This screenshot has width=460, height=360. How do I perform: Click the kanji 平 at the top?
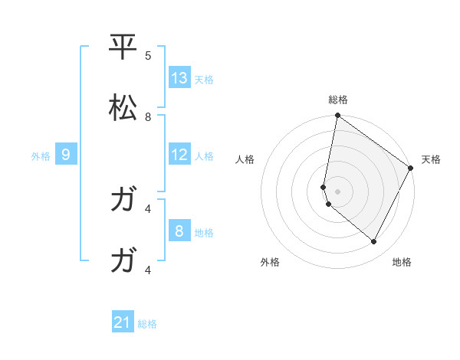click(x=123, y=47)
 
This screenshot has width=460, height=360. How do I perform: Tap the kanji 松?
click(x=123, y=108)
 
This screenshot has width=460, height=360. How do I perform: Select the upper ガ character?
click(x=123, y=201)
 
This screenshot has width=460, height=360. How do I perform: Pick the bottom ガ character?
click(x=123, y=261)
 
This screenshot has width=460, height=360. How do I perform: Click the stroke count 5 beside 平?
click(x=148, y=56)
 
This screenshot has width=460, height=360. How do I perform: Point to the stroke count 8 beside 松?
click(x=148, y=117)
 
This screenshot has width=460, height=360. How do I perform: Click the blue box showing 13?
click(x=179, y=78)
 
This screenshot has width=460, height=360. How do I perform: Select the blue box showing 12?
click(x=179, y=155)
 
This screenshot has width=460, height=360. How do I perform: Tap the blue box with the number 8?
click(x=179, y=231)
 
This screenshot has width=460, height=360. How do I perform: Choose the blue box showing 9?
click(x=66, y=155)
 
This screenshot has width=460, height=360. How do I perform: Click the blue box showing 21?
click(x=123, y=322)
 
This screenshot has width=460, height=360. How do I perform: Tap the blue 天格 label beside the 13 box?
click(x=203, y=80)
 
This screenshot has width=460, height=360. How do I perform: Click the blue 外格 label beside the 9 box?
click(x=41, y=156)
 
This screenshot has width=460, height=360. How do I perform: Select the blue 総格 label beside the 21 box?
click(x=147, y=324)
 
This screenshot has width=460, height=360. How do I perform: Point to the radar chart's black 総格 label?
click(x=338, y=100)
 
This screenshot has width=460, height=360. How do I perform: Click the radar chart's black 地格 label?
click(x=402, y=262)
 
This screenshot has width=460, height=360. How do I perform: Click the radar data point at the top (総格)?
click(x=337, y=116)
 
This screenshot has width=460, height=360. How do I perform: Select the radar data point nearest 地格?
click(x=374, y=242)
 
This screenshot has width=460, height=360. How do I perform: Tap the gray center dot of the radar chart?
click(x=337, y=191)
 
